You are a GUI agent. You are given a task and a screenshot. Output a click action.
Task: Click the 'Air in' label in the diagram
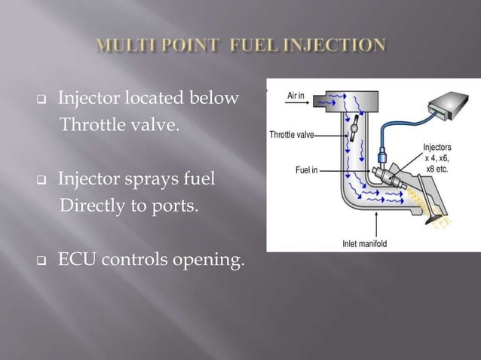(x=296, y=96)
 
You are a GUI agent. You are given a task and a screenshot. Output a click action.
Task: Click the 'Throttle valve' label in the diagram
(x=291, y=136)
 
